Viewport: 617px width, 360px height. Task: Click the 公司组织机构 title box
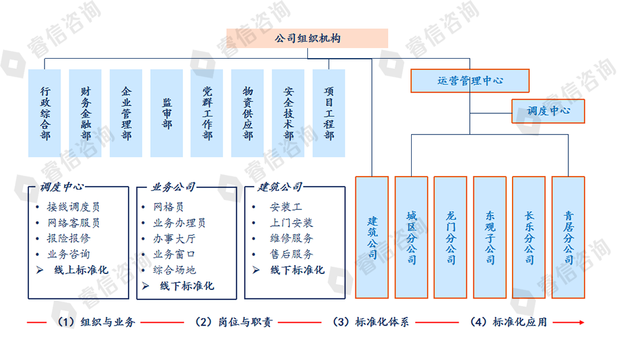point(307,39)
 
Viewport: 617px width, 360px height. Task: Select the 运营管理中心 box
point(470,81)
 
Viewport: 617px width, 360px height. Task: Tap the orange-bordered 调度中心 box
point(548,111)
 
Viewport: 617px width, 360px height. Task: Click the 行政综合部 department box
point(45,113)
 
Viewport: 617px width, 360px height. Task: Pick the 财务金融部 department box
point(85,113)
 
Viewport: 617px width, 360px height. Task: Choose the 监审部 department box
point(167,113)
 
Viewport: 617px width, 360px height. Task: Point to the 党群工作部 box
point(207,113)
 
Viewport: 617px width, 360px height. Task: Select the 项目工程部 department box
point(329,113)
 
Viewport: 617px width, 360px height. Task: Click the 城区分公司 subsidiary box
point(411,237)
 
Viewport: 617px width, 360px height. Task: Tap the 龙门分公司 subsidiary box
point(450,237)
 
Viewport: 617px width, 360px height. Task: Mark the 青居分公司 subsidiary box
point(568,237)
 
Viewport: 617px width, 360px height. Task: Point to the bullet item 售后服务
point(291,254)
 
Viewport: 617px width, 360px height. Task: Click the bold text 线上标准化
point(81,270)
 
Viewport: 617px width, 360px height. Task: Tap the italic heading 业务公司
point(173,187)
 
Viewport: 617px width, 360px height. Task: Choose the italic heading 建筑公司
point(279,187)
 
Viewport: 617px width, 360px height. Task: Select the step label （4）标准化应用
point(508,322)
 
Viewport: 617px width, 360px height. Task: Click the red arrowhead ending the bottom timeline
point(581,322)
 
